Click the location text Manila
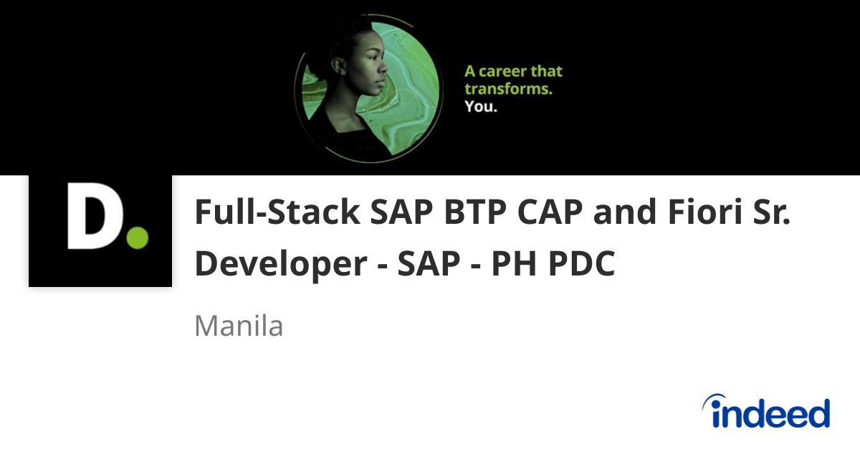[x=239, y=326]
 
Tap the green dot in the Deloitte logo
[x=136, y=237]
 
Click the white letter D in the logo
[x=92, y=216]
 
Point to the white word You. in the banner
[x=481, y=107]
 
